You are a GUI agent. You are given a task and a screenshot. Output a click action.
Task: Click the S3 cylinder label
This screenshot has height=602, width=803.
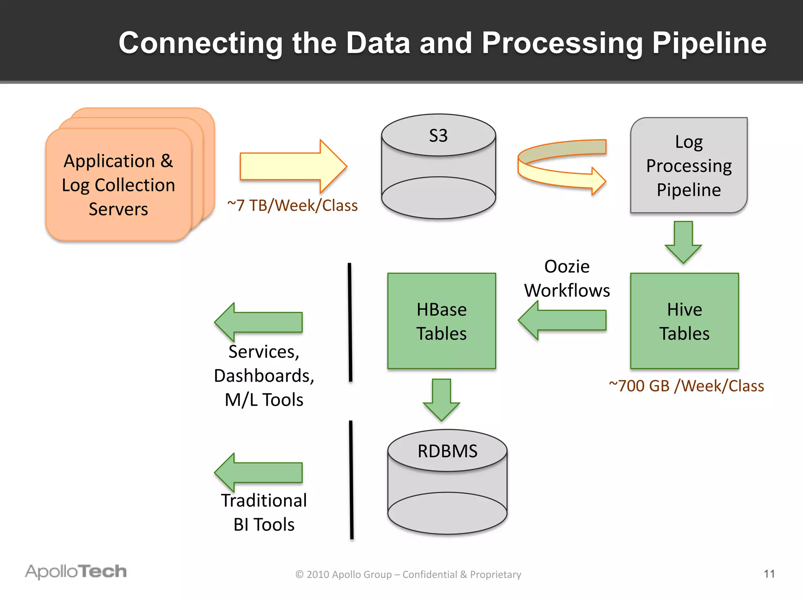(438, 136)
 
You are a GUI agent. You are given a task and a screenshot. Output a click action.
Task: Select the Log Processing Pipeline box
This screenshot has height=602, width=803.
(689, 165)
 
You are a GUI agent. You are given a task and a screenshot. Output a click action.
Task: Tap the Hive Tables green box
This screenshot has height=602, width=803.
(684, 321)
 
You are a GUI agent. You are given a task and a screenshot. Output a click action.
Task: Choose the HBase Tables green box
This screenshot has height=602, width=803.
(441, 321)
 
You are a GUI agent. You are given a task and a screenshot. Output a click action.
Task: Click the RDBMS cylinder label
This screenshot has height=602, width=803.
(447, 451)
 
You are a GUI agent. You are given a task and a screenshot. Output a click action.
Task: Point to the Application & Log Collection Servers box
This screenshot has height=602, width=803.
(118, 185)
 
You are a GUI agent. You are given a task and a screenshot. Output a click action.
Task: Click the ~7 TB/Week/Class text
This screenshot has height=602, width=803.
(292, 205)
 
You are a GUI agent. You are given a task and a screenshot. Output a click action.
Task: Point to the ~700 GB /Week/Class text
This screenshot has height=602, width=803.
(686, 386)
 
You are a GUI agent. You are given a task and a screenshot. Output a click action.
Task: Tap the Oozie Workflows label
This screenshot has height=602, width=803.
(567, 278)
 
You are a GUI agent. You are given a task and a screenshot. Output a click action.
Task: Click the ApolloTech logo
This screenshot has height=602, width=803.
(76, 571)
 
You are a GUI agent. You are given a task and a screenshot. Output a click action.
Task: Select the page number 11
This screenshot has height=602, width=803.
(769, 574)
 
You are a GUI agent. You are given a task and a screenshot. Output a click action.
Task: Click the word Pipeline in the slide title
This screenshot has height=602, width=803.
(709, 43)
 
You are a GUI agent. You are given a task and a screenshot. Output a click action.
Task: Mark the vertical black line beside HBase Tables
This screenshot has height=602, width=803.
(350, 322)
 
